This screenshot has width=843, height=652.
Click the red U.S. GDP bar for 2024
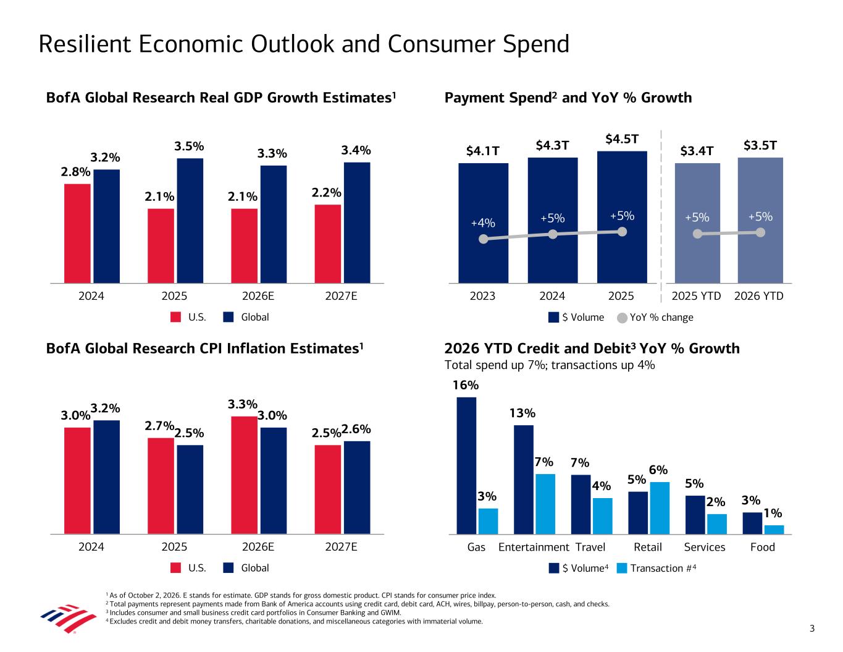pyautogui.click(x=77, y=233)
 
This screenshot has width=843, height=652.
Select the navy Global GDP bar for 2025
pyautogui.click(x=190, y=221)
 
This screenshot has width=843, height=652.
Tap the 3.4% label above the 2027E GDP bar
pyautogui.click(x=356, y=150)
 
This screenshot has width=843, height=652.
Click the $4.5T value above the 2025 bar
pyautogui.click(x=621, y=139)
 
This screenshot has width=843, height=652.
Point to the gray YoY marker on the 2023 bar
pyautogui.click(x=484, y=239)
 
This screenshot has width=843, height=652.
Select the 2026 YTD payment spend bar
pyautogui.click(x=760, y=220)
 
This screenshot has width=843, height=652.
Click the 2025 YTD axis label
pyautogui.click(x=696, y=296)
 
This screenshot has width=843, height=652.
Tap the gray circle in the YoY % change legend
pyautogui.click(x=622, y=318)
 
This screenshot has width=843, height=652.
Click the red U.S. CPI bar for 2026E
pyautogui.click(x=244, y=475)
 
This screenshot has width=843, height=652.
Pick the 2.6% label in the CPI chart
pyautogui.click(x=356, y=429)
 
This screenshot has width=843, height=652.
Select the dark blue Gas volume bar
pyautogui.click(x=466, y=465)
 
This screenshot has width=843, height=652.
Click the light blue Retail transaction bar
pyautogui.click(x=660, y=507)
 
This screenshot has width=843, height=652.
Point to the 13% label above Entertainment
pyautogui.click(x=522, y=413)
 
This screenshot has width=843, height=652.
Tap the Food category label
pyautogui.click(x=762, y=547)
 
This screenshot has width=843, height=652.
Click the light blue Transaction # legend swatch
pyautogui.click(x=621, y=568)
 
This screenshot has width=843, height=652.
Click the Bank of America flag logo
pyautogui.click(x=69, y=618)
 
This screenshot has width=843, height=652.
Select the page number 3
pyautogui.click(x=812, y=629)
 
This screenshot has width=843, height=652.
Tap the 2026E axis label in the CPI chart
pyautogui.click(x=258, y=547)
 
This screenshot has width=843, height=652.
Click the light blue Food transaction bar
pyautogui.click(x=774, y=530)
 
